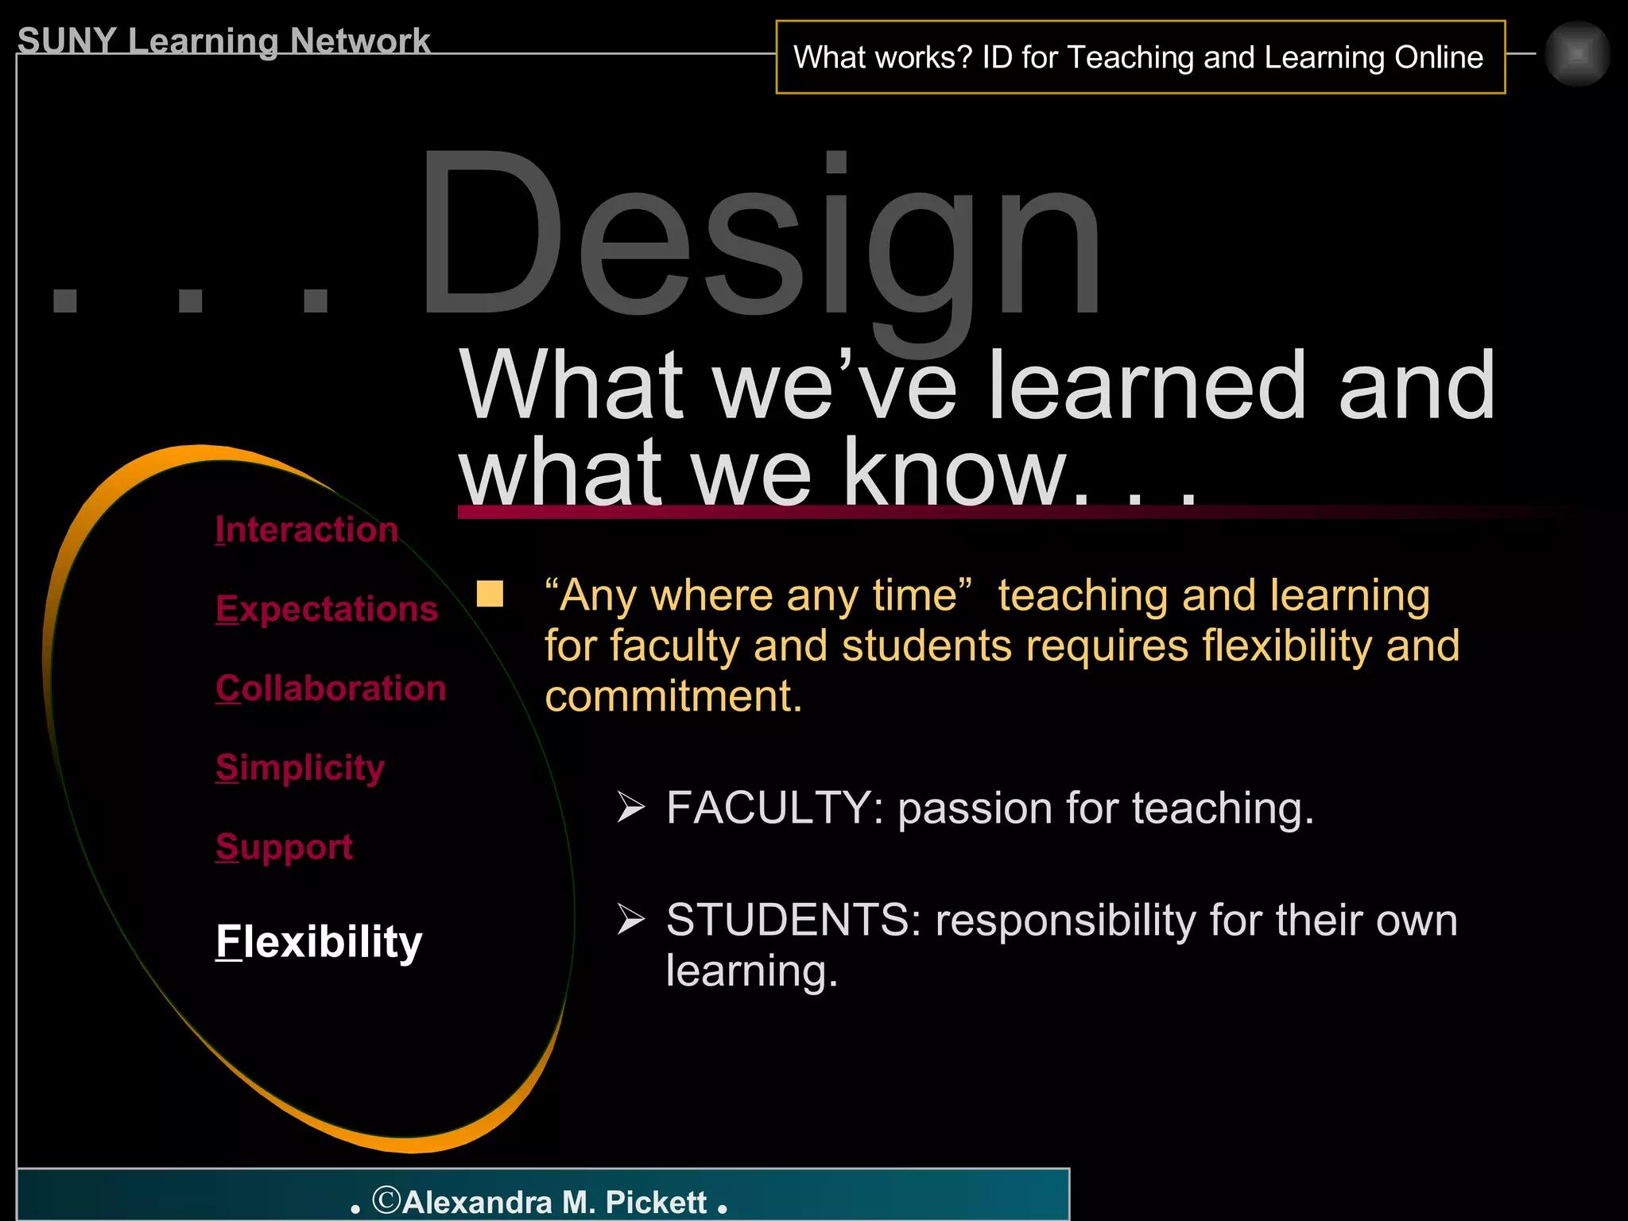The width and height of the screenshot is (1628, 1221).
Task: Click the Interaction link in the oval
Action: tap(306, 529)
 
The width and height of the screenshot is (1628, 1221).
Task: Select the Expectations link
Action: tap(327, 609)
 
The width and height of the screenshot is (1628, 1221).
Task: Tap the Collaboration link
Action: tap(331, 688)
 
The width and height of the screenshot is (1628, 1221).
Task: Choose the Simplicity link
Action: tap(300, 768)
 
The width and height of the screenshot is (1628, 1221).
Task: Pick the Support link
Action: tap(284, 847)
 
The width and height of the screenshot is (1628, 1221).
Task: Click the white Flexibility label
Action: tap(319, 943)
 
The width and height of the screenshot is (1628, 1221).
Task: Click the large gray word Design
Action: tap(759, 238)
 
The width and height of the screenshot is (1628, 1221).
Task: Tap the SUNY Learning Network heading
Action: tap(223, 41)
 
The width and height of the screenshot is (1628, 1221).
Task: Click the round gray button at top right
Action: tap(1577, 54)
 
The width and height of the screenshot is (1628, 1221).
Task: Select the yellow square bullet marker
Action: tap(490, 594)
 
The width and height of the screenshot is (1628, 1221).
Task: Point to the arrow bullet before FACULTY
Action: tap(631, 808)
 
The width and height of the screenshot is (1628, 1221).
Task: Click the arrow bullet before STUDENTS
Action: tap(631, 920)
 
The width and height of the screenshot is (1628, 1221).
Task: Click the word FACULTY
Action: tap(768, 808)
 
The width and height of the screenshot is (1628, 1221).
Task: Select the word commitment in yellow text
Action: tap(673, 696)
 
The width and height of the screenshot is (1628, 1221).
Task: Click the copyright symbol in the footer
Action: tap(387, 1200)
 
